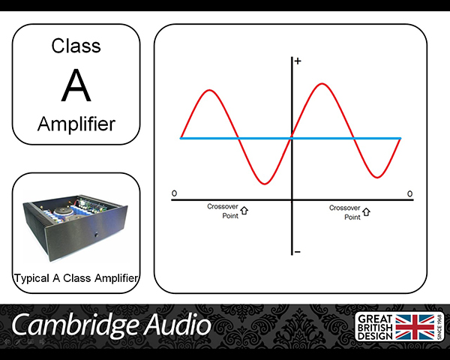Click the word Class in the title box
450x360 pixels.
click(x=76, y=46)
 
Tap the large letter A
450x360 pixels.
click(x=76, y=85)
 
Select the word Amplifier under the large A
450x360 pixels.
click(x=76, y=124)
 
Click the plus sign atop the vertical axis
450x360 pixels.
click(x=298, y=61)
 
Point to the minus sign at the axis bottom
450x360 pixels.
click(x=298, y=252)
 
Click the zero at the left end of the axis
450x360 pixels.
click(x=174, y=193)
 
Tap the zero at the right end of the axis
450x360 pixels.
click(x=409, y=193)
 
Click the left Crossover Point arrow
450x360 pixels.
click(x=244, y=211)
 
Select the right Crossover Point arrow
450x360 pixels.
click(x=366, y=211)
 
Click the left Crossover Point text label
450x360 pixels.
click(x=223, y=211)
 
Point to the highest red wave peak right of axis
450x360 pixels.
click(x=322, y=84)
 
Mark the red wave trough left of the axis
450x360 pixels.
click(x=265, y=183)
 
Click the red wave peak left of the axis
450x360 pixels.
click(x=210, y=91)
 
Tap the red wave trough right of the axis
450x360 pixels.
click(x=377, y=177)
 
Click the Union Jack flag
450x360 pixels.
click(x=415, y=327)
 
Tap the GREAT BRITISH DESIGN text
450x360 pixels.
click(x=375, y=327)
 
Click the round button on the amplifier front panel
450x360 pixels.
click(x=97, y=235)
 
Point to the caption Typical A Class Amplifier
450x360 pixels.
click(x=76, y=278)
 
